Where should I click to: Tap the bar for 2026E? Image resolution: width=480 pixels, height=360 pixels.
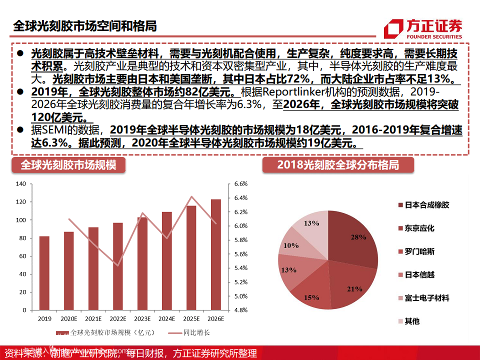click(x=215, y=254)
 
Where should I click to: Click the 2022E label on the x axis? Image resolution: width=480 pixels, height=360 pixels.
click(x=118, y=318)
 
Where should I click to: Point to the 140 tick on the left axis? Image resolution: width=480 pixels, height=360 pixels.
click(x=20, y=184)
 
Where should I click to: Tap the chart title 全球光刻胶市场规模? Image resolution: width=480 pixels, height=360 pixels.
click(x=68, y=165)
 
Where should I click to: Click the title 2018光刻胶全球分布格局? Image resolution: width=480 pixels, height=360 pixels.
click(x=338, y=165)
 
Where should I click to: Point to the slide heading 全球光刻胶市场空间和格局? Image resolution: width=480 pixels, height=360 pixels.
click(x=84, y=25)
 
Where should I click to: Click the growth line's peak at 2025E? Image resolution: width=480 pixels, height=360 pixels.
click(x=191, y=196)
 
